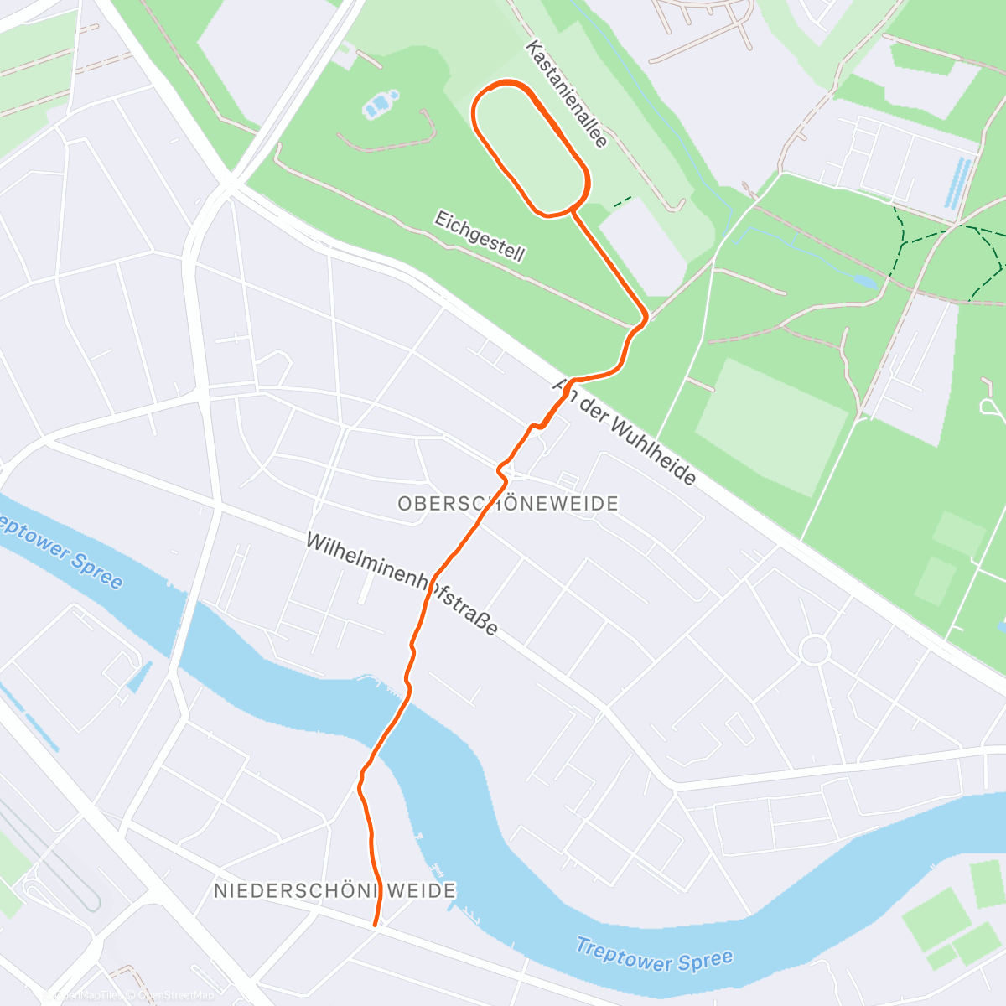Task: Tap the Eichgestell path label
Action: click(x=480, y=236)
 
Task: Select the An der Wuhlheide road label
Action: click(x=625, y=432)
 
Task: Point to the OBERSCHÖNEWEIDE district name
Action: click(x=508, y=504)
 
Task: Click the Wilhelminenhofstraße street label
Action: click(x=402, y=584)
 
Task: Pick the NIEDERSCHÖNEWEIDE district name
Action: click(x=334, y=890)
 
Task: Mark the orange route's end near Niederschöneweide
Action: click(x=375, y=924)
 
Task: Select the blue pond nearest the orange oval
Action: click(x=378, y=106)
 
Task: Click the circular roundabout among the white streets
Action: click(x=814, y=650)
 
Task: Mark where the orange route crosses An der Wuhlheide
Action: click(x=570, y=382)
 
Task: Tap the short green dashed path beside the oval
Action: click(x=622, y=202)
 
